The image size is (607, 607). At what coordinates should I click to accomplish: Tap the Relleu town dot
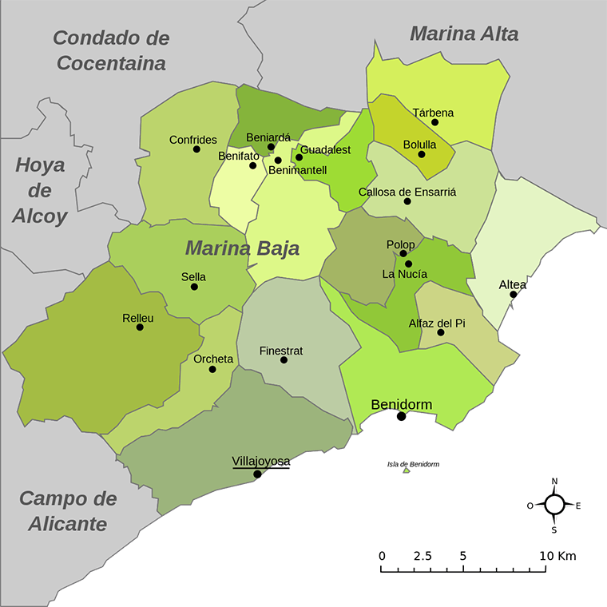(x=140, y=327)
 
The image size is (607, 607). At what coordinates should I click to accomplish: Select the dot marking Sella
(x=194, y=287)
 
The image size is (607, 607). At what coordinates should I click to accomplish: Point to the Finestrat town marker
(x=284, y=360)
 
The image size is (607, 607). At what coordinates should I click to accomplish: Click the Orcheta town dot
(x=212, y=369)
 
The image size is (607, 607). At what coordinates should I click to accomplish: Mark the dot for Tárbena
(x=435, y=122)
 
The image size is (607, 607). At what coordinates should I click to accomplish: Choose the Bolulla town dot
(x=422, y=154)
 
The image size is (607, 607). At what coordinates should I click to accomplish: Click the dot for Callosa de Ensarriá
(x=407, y=201)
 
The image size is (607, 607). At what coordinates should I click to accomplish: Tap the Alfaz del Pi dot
(x=440, y=332)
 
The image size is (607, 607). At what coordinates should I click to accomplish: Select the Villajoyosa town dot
(x=257, y=474)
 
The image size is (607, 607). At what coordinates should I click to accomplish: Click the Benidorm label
(x=402, y=405)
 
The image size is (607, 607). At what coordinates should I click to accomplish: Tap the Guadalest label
(x=326, y=150)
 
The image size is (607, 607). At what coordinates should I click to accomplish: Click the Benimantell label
(x=298, y=171)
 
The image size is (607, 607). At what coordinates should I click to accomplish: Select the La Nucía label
(x=405, y=275)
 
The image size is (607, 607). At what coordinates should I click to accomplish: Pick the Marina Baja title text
(x=242, y=248)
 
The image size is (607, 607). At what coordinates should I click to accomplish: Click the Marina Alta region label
(x=464, y=34)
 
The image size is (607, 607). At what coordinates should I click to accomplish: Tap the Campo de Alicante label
(x=68, y=511)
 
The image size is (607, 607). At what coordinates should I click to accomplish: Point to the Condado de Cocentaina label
(x=112, y=50)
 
